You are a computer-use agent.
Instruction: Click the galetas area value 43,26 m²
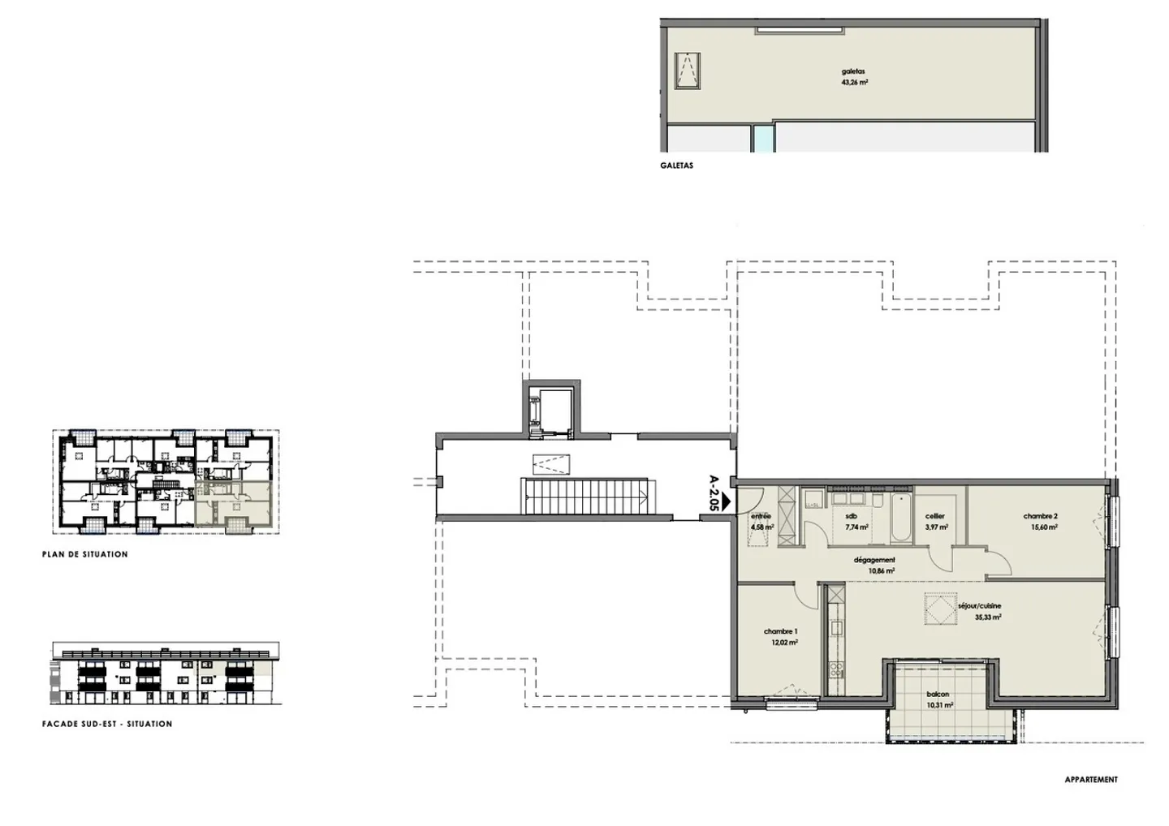tap(855, 82)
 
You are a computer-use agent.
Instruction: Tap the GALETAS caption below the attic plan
tap(677, 166)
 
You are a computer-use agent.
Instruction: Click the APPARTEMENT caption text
tap(1091, 780)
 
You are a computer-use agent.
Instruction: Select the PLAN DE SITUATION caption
tap(85, 554)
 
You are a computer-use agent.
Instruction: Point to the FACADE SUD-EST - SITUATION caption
tap(107, 724)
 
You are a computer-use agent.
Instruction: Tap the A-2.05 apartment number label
tap(714, 492)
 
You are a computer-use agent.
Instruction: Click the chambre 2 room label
tap(1040, 516)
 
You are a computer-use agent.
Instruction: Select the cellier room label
tap(935, 516)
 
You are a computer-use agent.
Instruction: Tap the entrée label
tap(761, 516)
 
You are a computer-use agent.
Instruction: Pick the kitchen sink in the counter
tap(835, 627)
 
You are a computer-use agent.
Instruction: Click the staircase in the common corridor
tap(585, 496)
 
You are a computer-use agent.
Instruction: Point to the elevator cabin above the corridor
tap(550, 410)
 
